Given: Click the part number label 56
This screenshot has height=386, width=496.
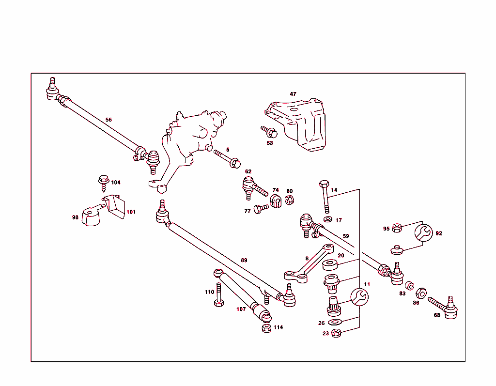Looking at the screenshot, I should [108, 120].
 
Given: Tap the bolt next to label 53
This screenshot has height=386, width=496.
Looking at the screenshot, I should [268, 131].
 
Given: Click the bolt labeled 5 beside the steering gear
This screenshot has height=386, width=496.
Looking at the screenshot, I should [228, 159].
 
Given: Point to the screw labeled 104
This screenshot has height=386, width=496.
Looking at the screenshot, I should [103, 182].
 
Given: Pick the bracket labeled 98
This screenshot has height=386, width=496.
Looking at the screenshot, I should [91, 217].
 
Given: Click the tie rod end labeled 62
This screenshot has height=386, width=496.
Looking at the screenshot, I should [251, 186].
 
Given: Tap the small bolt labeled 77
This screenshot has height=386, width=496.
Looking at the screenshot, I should [260, 209].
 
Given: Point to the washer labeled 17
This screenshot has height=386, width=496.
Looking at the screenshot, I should [328, 219].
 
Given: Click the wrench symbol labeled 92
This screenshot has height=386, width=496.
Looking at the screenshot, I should [424, 233].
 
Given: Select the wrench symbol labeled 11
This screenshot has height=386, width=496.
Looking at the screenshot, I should [359, 296].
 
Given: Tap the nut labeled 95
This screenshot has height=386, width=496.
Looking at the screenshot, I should [397, 227].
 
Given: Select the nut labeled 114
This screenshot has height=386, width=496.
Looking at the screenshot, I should [266, 328].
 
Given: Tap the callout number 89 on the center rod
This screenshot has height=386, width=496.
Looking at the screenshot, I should [244, 260].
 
